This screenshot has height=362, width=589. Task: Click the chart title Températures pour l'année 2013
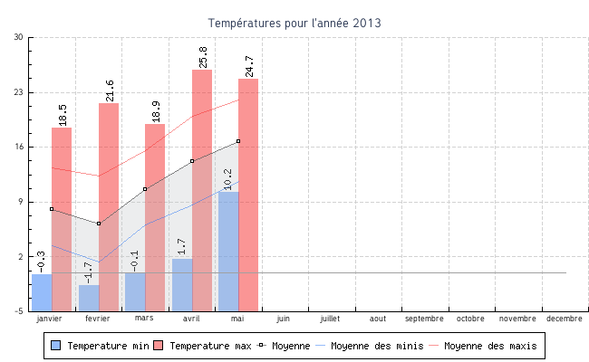[294, 23]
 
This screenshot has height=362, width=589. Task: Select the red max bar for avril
[202, 190]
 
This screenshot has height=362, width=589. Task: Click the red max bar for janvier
[62, 217]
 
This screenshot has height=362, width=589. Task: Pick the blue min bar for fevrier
[89, 298]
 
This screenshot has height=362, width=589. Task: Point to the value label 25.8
[202, 57]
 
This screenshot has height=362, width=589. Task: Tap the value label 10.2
[227, 178]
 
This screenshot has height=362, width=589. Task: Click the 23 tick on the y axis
[19, 92]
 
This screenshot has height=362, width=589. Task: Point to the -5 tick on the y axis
[19, 311]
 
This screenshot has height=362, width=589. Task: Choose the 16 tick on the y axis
[19, 148]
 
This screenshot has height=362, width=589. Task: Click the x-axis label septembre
[424, 319]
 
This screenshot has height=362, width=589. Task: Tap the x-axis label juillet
[330, 319]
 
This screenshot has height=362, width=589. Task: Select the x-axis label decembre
[565, 319]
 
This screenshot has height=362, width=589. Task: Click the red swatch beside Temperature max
[159, 346]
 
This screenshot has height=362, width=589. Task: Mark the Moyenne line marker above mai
[238, 141]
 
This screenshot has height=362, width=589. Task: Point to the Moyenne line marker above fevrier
[99, 224]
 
